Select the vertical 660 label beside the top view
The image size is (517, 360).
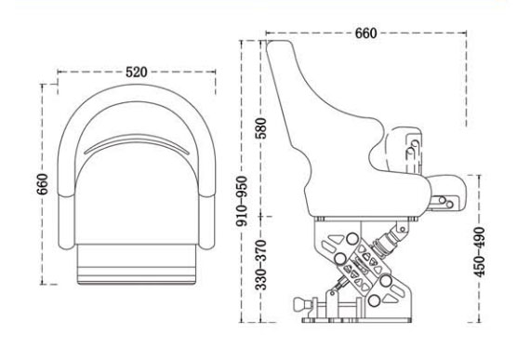[43, 184]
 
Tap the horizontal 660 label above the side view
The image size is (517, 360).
[365, 34]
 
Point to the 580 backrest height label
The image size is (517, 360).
[261, 127]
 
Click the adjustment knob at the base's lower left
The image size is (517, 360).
[303, 304]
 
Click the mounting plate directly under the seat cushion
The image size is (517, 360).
[363, 220]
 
